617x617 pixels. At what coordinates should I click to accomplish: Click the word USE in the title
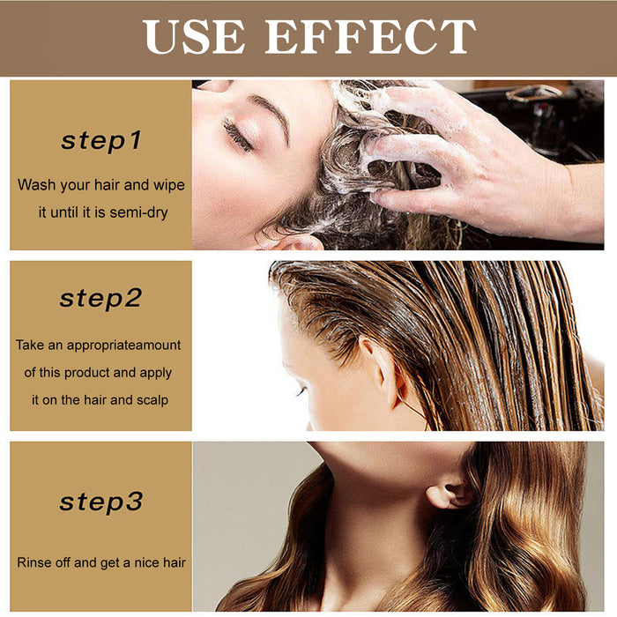[196, 37]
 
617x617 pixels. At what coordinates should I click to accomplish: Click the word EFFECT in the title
[370, 37]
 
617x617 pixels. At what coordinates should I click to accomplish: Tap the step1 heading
[100, 140]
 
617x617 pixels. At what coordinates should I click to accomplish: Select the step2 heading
[100, 298]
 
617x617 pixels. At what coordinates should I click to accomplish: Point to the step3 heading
[100, 502]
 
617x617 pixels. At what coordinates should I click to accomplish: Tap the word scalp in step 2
[151, 399]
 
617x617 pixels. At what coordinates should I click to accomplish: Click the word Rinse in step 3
[34, 561]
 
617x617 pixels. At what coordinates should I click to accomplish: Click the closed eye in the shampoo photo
[237, 135]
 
